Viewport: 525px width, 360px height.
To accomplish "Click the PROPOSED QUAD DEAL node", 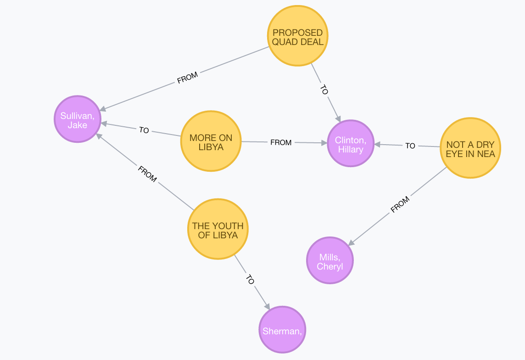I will [x=298, y=37].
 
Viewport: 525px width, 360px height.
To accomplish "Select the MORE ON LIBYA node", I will [x=211, y=142].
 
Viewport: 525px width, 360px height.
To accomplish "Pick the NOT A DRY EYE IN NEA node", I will [x=470, y=148].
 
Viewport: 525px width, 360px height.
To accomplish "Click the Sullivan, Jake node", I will [x=78, y=119].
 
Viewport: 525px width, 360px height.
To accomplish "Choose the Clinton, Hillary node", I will [x=350, y=144].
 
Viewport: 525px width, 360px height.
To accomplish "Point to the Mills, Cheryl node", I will [x=330, y=260].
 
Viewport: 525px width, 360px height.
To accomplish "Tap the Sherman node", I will [x=282, y=330].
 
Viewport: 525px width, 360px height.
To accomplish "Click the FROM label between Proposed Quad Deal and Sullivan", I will [x=187, y=78].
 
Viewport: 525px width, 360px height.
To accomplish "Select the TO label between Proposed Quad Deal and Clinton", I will [x=324, y=90].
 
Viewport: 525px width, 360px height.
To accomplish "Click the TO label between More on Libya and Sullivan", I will [x=144, y=130].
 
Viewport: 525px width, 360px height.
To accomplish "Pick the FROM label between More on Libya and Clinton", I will [x=281, y=142].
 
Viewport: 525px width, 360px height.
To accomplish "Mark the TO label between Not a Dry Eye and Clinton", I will [x=410, y=146].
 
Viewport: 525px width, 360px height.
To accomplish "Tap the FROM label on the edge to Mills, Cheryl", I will [x=400, y=205].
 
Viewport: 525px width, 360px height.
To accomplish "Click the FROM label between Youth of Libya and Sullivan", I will [x=147, y=174].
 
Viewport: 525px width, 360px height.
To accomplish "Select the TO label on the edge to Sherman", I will [x=250, y=280].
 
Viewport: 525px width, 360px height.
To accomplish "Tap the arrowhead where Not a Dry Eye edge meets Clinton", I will [x=377, y=145].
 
